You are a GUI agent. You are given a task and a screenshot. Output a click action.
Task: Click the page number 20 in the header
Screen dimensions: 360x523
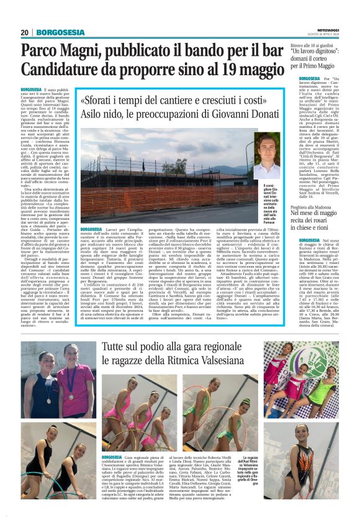click(25, 32)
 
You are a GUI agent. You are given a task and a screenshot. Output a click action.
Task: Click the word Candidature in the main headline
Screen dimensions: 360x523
click(68, 73)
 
